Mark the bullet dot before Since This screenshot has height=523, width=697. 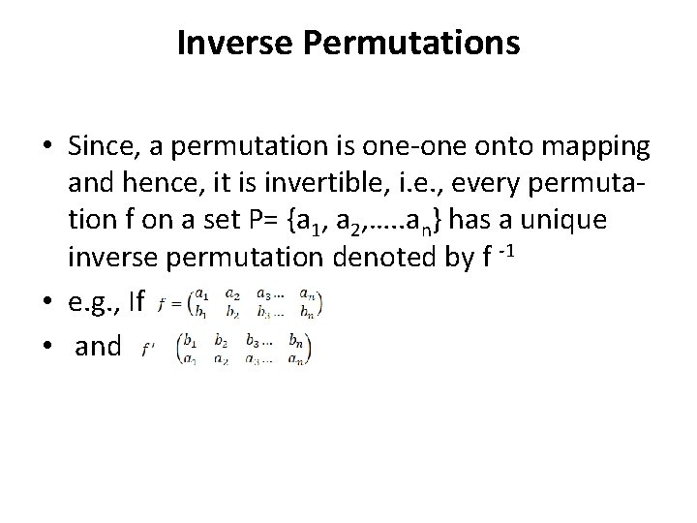pos(48,147)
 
